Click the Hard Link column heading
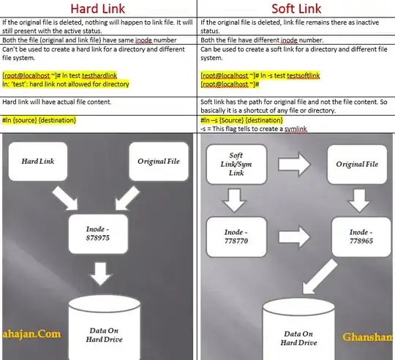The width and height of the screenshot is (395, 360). click(x=99, y=10)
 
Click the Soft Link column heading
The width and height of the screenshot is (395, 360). click(x=296, y=10)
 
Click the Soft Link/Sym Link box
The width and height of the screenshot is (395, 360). click(x=236, y=165)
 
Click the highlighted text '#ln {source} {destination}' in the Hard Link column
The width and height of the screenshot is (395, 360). click(x=39, y=119)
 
